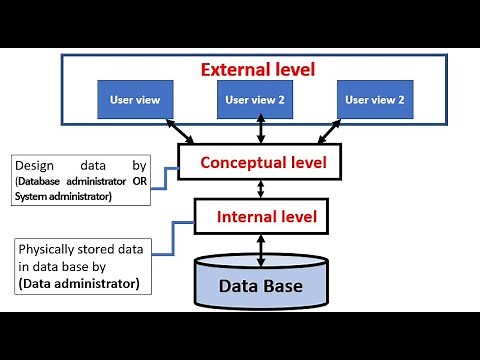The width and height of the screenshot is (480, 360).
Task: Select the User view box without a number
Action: (136, 99)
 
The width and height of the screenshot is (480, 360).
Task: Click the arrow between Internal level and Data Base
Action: (260, 249)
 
